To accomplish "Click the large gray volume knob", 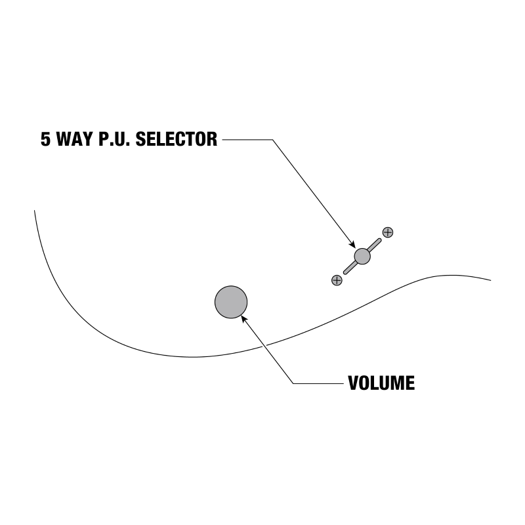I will [x=231, y=302].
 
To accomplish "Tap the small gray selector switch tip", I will [x=362, y=256].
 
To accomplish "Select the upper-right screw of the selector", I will [x=388, y=232].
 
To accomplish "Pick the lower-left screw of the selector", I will [x=337, y=280].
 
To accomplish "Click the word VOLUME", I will [x=381, y=383].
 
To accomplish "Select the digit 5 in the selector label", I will [x=45, y=140].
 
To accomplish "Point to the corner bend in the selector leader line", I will [x=271, y=140].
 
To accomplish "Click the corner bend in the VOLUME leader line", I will [x=293, y=383].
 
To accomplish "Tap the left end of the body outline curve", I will [x=35, y=211].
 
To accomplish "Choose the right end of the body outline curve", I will [x=490, y=280].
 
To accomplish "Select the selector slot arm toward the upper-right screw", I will [x=375, y=244].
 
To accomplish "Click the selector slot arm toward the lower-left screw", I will [x=349, y=268].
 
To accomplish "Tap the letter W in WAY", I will [x=66, y=140].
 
